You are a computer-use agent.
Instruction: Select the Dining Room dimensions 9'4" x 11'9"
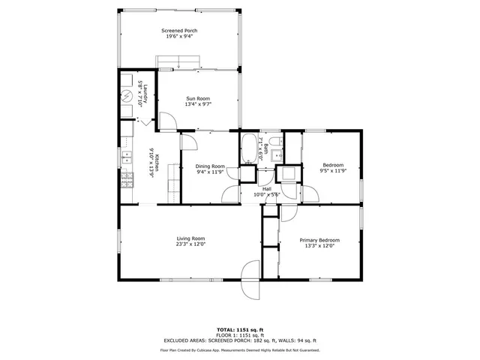pyautogui.click(x=210, y=172)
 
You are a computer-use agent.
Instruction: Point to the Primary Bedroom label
pyautogui.click(x=319, y=240)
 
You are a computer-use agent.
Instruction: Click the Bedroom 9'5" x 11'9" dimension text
pyautogui.click(x=333, y=171)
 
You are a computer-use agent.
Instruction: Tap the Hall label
pyautogui.click(x=266, y=189)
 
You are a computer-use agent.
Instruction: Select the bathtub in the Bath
pyautogui.click(x=248, y=150)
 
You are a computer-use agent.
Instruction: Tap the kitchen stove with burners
pyautogui.click(x=126, y=180)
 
